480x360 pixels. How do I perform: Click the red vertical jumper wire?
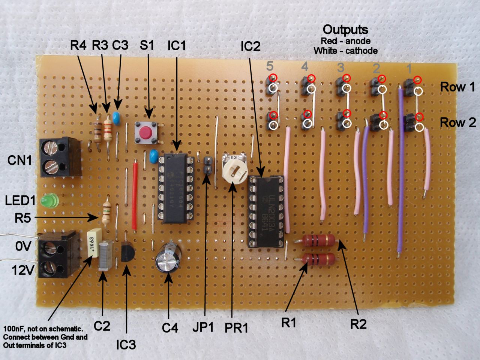click(134, 195)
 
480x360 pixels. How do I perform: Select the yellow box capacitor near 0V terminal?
click(92, 243)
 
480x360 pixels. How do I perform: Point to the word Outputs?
click(345, 30)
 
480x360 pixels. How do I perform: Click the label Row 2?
click(457, 122)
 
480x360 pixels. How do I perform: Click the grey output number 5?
click(270, 67)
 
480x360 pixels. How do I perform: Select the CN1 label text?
click(19, 161)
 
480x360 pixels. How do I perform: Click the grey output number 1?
click(409, 68)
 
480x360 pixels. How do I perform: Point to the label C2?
click(102, 326)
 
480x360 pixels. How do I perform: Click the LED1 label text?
click(21, 201)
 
